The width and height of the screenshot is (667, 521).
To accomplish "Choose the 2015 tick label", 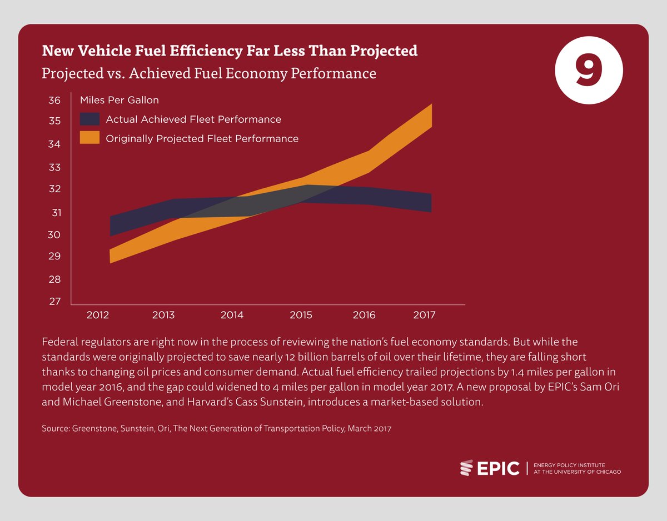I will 301,315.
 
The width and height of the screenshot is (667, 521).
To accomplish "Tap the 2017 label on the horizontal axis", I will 424,315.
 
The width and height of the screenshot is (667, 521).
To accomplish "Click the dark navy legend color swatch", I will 89,119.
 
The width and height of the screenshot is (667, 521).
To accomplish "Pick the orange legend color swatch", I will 89,138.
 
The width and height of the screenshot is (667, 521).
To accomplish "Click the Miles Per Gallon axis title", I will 120,101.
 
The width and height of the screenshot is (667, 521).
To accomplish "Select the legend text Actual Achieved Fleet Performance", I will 193,119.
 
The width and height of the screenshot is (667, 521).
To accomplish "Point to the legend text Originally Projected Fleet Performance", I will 202,138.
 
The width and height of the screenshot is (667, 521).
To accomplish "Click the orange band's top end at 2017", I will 431,106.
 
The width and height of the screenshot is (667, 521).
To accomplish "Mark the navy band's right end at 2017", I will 431,203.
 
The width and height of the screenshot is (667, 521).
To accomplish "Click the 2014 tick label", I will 232,315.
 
